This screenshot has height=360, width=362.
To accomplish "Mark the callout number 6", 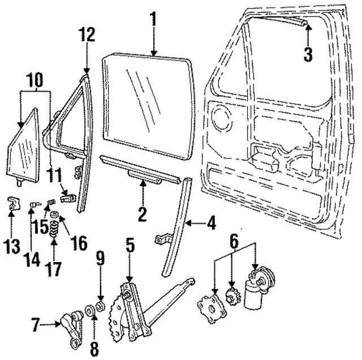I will pyautogui.click(x=232, y=240).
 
